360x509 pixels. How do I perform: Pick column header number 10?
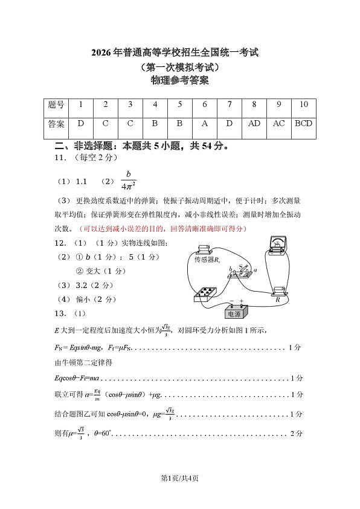(x=303, y=104)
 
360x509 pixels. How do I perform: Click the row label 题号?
(x=56, y=104)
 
